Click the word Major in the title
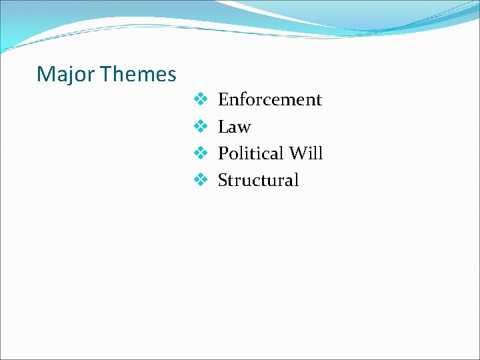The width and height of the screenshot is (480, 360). point(65,74)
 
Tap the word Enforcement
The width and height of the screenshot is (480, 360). point(270,100)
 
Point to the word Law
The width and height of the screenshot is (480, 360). point(234,127)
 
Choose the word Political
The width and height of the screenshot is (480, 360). point(251,153)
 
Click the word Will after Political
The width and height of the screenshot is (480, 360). point(306,153)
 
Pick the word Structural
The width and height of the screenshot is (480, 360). point(259,180)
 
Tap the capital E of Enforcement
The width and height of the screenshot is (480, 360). point(223,100)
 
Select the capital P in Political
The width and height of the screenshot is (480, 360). point(223,153)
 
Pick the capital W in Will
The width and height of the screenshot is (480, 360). point(297,153)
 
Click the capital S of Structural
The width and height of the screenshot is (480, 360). point(223,180)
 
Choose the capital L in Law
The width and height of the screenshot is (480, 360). point(223,127)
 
